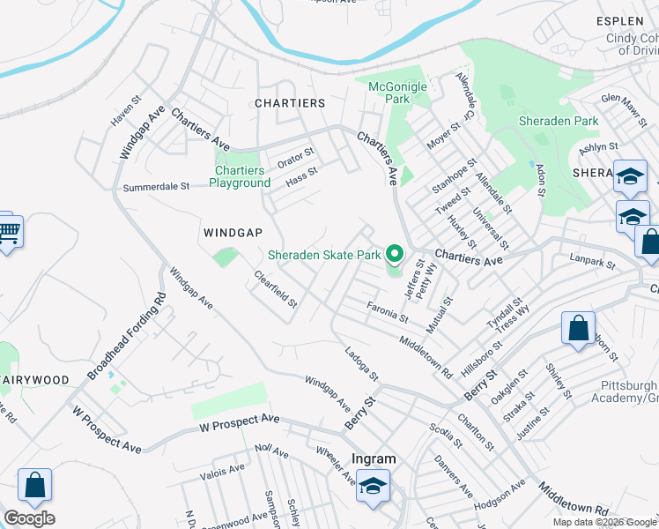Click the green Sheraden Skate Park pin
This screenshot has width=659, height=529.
(x=395, y=255)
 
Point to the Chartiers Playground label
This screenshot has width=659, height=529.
(x=239, y=176)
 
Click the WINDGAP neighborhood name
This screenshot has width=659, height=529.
(x=233, y=233)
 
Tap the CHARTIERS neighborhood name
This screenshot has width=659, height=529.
(x=290, y=103)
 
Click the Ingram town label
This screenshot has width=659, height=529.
(x=374, y=458)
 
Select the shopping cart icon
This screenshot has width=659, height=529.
(x=8, y=233)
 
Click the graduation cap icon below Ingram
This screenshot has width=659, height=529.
(x=374, y=487)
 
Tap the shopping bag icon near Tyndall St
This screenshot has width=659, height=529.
(x=578, y=328)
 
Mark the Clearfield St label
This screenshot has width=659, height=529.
(x=276, y=288)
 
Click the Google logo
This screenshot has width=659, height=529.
(x=29, y=518)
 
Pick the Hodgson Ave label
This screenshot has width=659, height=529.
(x=500, y=495)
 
